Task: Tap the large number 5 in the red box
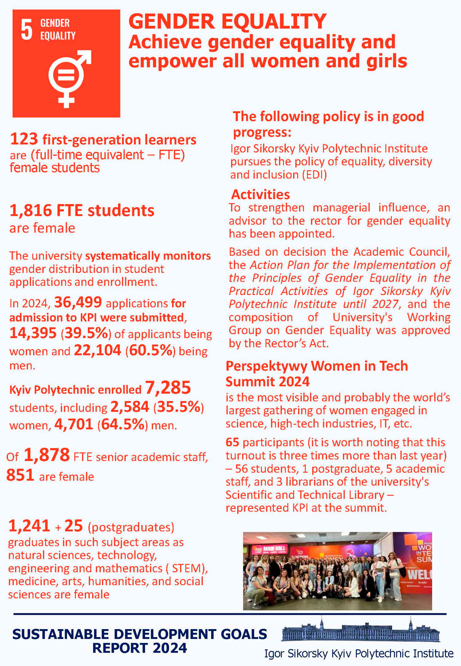pos(27,30)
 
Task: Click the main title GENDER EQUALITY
pos(227,22)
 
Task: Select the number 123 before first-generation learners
pos(24,139)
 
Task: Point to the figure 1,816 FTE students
pos(82,211)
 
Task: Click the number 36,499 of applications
pos(77,302)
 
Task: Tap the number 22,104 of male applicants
pos(97,350)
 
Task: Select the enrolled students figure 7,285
pos(168,388)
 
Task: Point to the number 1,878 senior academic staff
pos(46,455)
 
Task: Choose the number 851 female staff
pos(20,475)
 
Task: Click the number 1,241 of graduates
pos(29,526)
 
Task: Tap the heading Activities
pos(260,194)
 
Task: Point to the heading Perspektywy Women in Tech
pos(316,366)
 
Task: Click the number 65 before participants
pos(232,442)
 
